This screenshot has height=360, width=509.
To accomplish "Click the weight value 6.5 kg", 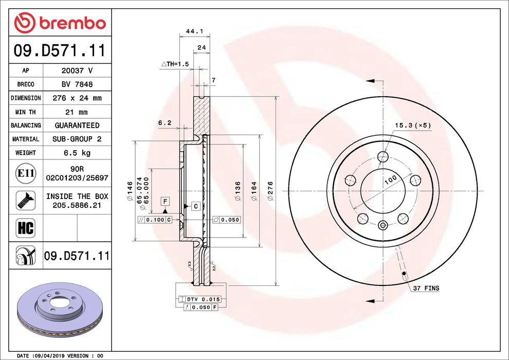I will pos(77,153).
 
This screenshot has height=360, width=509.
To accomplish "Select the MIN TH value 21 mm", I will pos(77,112).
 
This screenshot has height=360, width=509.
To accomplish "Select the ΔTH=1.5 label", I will pos(175,64).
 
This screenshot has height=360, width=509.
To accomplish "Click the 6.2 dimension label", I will pos(165,122).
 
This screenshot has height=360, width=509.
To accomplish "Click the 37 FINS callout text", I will pos(426,289).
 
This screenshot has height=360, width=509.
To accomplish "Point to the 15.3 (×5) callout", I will pos(412,125).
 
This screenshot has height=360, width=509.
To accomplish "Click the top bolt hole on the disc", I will pos(382,156).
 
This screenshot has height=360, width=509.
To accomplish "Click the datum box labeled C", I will pos(196,206).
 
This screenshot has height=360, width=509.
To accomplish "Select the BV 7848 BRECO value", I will pos(77,84).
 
